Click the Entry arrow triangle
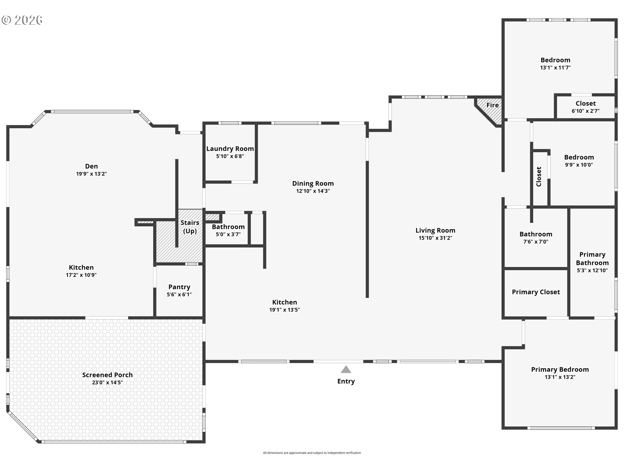click(x=346, y=370)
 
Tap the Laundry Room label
click(x=230, y=149)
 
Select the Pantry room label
click(x=179, y=287)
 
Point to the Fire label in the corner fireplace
click(x=492, y=105)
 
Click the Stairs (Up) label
click(x=190, y=227)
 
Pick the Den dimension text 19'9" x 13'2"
click(x=91, y=174)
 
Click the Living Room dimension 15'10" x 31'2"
click(x=435, y=238)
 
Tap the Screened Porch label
click(x=107, y=375)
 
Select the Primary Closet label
click(x=536, y=292)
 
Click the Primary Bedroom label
click(x=560, y=370)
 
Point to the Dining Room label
click(x=313, y=183)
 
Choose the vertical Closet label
click(x=539, y=177)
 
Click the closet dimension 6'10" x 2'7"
click(x=586, y=111)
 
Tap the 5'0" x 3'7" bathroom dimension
click(x=228, y=234)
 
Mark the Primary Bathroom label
click(x=592, y=259)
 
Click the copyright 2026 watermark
click(x=22, y=20)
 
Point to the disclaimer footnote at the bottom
click(x=312, y=453)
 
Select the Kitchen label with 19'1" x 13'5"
click(x=284, y=302)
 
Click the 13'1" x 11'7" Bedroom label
click(x=555, y=60)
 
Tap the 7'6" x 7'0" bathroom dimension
click(x=536, y=242)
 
